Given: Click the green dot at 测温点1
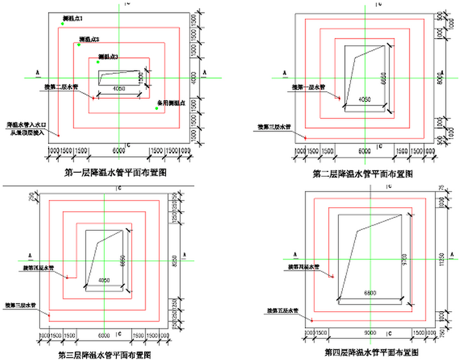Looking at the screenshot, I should click(x=61, y=24).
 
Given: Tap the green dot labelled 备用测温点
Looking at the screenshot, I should click(x=157, y=109).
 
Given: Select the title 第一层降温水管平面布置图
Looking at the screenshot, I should click(x=115, y=171).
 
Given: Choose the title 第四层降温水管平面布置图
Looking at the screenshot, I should click(x=372, y=351).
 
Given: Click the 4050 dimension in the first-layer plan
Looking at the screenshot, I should click(x=119, y=89).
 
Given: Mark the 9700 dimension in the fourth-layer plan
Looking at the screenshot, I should click(x=401, y=255).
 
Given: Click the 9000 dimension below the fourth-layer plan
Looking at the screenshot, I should click(x=370, y=332).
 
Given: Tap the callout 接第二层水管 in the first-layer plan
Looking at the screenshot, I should click(x=61, y=87).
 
